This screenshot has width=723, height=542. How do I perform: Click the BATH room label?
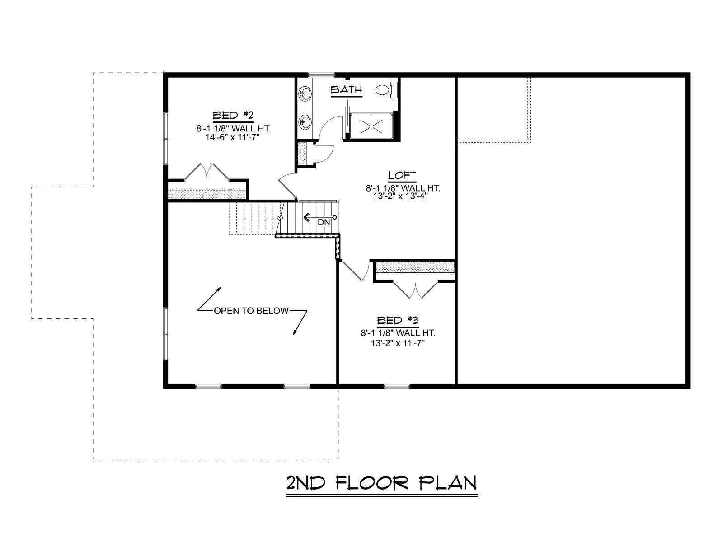346,90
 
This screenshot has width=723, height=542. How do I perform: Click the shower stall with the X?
371,126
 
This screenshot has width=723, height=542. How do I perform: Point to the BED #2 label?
233,116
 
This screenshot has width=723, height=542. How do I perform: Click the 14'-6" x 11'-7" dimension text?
233,137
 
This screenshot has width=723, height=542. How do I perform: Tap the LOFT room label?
402,176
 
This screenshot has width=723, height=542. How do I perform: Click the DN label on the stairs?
324,223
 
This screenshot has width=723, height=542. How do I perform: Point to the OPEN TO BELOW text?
251,311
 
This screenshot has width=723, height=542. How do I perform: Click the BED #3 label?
398,320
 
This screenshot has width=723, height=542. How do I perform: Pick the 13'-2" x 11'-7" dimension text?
398,343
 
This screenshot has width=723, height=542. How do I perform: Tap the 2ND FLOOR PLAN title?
381,483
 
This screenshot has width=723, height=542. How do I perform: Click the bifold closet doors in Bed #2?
207,172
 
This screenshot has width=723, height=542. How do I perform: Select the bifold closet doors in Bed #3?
416,290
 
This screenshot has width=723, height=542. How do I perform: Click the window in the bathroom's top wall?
321,75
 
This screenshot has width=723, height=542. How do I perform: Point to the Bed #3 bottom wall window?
397,386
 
